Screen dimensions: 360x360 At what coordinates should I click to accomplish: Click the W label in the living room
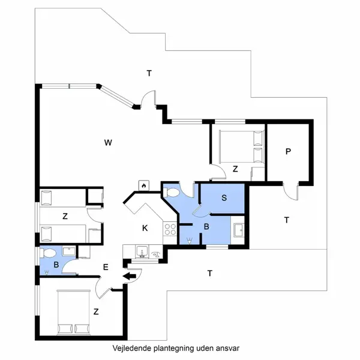point(107,142)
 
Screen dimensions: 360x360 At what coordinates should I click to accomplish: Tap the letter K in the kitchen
point(145,228)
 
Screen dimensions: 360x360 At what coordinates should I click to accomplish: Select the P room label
point(288,152)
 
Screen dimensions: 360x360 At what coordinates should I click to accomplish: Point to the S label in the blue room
point(223,197)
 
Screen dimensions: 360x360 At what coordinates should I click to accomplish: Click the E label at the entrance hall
point(106,267)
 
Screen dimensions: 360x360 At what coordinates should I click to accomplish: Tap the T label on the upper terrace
point(149,73)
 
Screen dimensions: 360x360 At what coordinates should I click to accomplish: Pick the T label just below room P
point(287,220)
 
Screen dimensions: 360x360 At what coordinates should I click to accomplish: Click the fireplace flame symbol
point(144,186)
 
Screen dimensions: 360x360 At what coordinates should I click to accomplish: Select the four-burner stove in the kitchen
point(169,228)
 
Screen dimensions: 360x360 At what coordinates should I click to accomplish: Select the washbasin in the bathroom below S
point(238,229)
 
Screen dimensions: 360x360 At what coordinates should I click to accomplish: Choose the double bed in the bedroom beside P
point(239,146)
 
